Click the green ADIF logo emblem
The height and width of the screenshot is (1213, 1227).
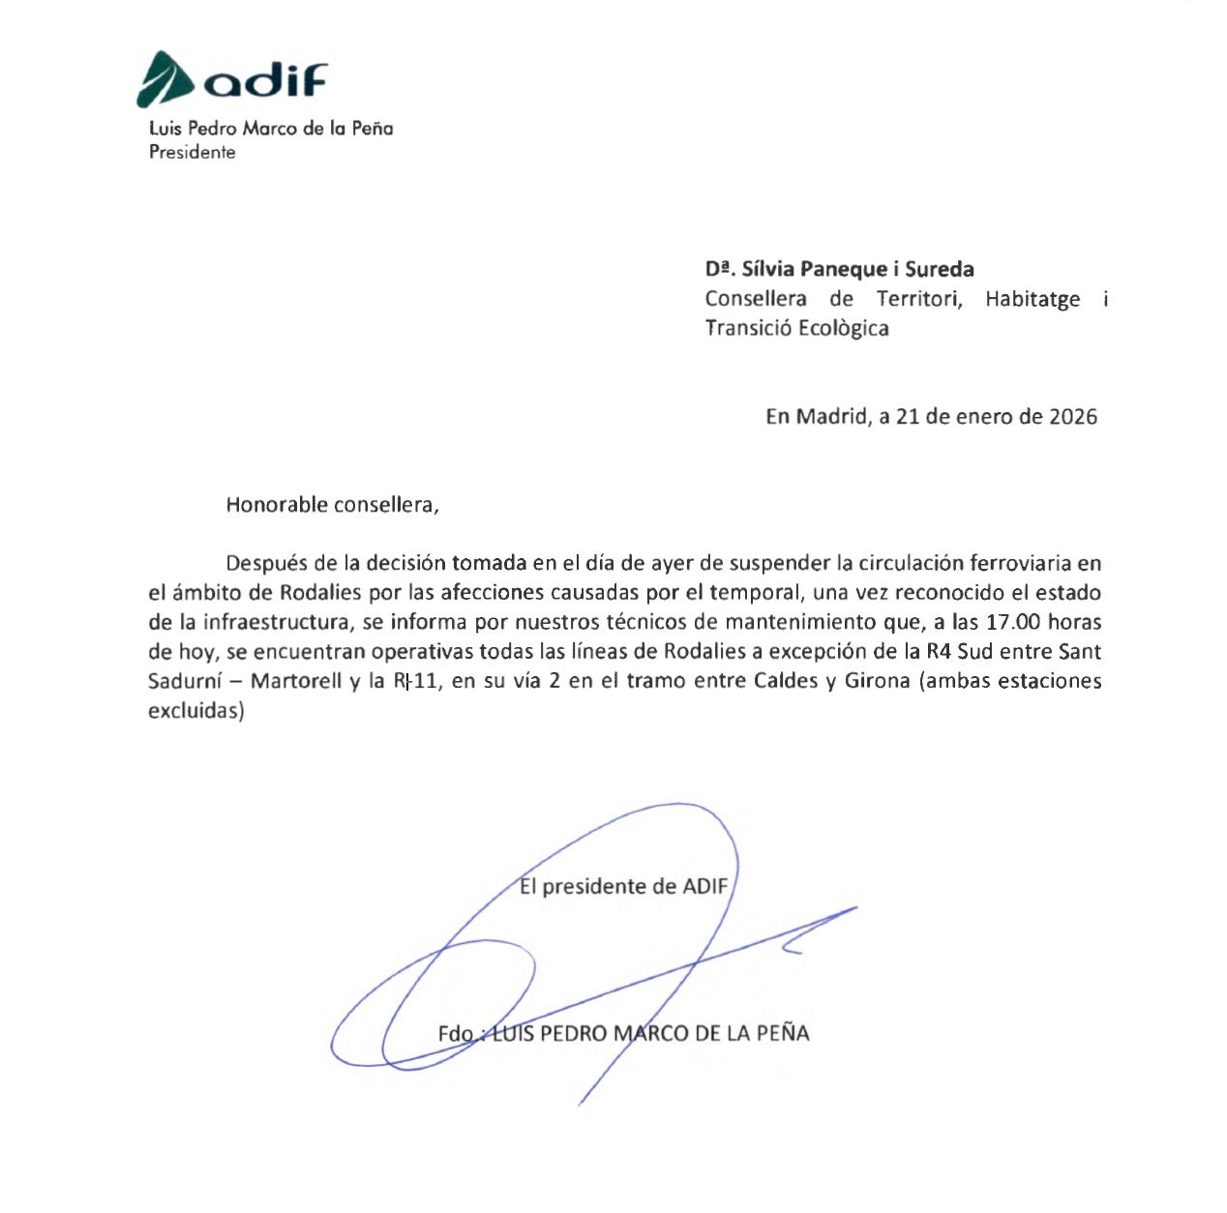166,79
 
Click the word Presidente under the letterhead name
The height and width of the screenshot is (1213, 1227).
192,152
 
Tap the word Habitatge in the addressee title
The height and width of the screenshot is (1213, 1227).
1032,299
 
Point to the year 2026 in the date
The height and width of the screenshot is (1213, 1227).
1073,417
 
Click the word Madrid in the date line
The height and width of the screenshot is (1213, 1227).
831,417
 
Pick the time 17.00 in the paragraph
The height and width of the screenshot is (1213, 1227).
1012,622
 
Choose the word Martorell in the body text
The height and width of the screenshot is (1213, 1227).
296,681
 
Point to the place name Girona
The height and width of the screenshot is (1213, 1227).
877,681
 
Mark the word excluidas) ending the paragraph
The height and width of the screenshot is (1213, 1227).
195,710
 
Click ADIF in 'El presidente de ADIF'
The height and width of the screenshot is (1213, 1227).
704,886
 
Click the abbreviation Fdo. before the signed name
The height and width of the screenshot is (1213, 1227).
456,1033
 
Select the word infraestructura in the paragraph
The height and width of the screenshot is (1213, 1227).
278,622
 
